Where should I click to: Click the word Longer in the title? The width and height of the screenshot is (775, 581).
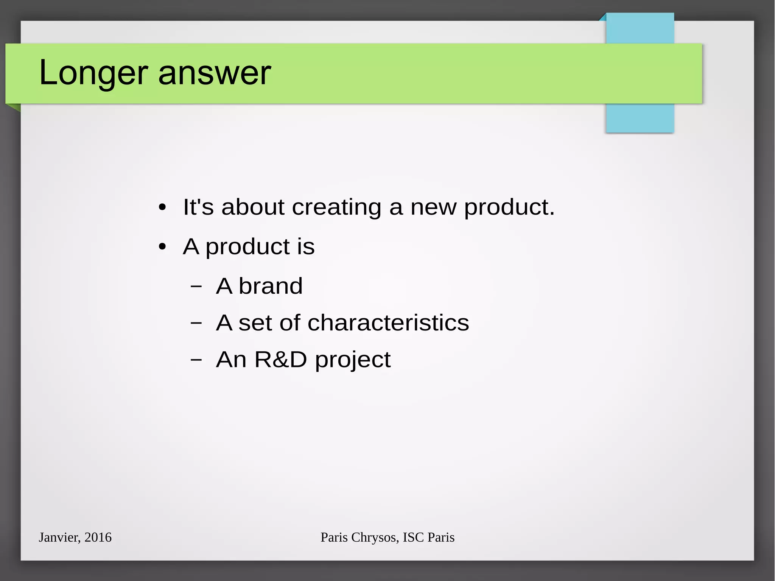tap(93, 73)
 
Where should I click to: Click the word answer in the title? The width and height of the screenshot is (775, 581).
tap(215, 73)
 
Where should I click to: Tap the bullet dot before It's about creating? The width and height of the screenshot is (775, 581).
tap(162, 207)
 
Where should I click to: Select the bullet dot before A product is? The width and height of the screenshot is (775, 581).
tap(162, 247)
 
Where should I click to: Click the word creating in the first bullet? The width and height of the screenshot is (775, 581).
tap(337, 207)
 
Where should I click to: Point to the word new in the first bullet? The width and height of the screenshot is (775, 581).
tap(433, 207)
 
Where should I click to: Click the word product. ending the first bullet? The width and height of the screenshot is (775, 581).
tap(509, 207)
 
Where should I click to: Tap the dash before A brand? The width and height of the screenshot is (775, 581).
tap(196, 286)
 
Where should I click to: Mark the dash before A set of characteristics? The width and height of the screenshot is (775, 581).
tap(196, 323)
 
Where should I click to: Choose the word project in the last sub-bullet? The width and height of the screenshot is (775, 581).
tap(353, 360)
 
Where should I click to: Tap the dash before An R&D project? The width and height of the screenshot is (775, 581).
tap(196, 360)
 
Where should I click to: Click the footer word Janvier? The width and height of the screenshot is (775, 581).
tap(60, 537)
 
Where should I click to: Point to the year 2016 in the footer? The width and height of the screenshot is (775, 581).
tap(98, 537)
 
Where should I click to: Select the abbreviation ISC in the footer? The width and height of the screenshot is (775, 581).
tap(413, 537)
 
